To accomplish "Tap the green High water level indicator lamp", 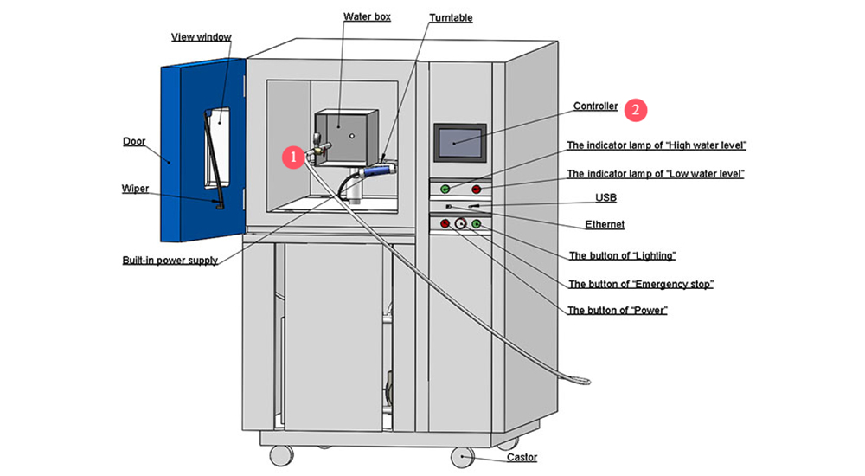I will point(445,189).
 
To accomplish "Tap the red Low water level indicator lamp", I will point(476,189).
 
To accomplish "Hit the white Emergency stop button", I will point(460,225).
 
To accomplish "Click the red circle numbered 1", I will point(293,157).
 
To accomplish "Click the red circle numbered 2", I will point(636,109).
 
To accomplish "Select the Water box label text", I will point(367,16).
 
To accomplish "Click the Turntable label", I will point(451,18).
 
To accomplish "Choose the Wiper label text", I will point(135,188).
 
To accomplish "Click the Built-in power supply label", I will point(170,260).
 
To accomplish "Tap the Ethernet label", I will point(605,225).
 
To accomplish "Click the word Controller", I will point(595,106).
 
